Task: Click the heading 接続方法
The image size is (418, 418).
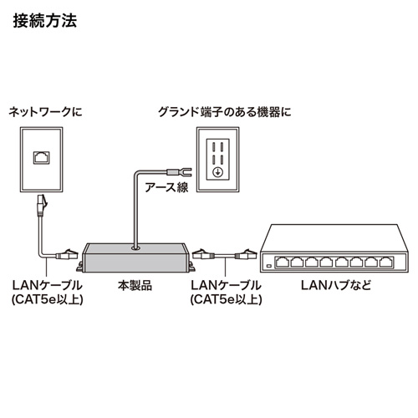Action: [x=46, y=20]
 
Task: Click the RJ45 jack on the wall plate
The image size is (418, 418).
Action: [x=40, y=156]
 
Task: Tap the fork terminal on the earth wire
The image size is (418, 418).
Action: [x=182, y=172]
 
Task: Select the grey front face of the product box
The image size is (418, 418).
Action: [x=134, y=261]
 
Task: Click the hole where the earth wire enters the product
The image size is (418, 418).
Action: [x=135, y=247]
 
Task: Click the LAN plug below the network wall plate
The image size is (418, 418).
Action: [x=41, y=204]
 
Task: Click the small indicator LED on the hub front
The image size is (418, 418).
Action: [x=268, y=266]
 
